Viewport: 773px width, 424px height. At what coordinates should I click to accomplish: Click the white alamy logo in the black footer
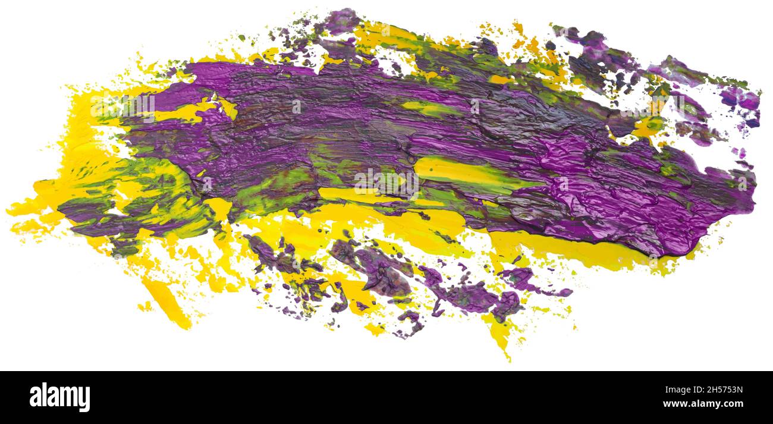[60, 397]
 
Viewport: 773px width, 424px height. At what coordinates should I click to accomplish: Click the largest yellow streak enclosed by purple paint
[458, 172]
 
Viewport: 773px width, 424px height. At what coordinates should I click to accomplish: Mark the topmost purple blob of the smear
[342, 21]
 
